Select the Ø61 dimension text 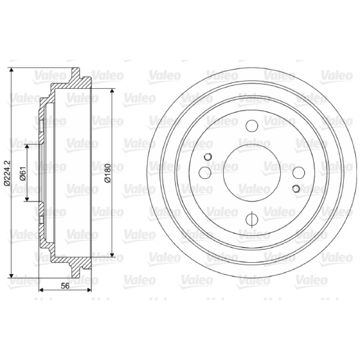[23, 173]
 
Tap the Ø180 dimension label [108, 173]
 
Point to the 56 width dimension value [65, 286]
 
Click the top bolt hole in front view [252, 126]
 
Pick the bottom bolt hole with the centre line [252, 220]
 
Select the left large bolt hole [205, 173]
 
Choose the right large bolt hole [299, 173]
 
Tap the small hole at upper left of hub [208, 157]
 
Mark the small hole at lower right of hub [296, 189]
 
